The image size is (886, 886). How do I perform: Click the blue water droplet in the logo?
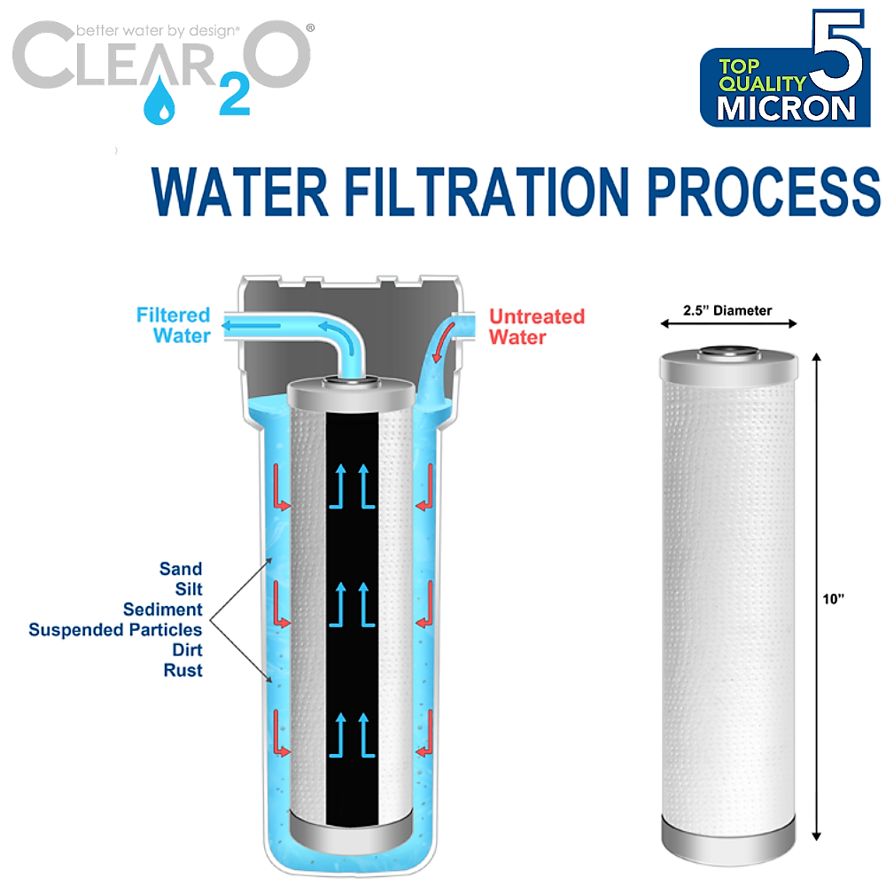click(x=160, y=99)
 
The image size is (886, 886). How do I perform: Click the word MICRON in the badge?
click(x=787, y=107)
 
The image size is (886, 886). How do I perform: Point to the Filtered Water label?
click(x=174, y=325)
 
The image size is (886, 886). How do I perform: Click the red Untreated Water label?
click(x=537, y=326)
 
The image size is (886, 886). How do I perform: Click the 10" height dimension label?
click(x=835, y=599)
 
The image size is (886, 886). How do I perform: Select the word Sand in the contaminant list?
click(x=181, y=569)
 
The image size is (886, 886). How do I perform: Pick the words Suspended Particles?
click(x=115, y=630)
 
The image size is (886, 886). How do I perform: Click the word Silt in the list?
click(x=187, y=589)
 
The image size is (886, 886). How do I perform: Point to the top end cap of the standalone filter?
click(x=729, y=358)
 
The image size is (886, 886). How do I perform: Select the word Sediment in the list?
click(x=162, y=610)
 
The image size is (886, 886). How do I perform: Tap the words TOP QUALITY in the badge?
click(x=761, y=75)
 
